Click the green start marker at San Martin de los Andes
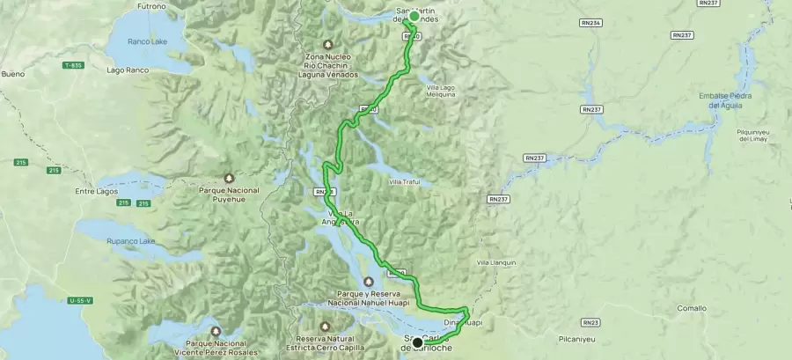pos(414,16)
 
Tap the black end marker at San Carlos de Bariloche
pos(417,342)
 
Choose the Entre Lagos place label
pos(96,190)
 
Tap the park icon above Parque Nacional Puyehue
pos(230,177)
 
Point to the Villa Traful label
pos(405,182)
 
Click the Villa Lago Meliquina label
pos(441,91)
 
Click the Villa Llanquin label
pos(495,262)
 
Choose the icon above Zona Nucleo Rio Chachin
pos(327,44)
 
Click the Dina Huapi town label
pos(463,323)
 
